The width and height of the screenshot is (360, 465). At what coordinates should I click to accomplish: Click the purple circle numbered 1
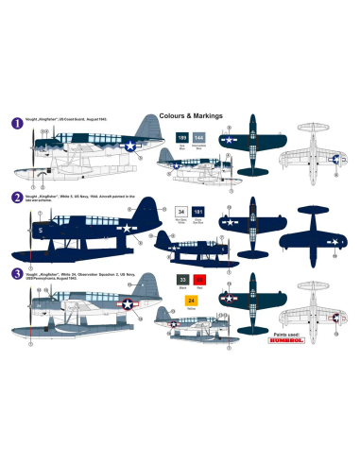[x=17, y=122]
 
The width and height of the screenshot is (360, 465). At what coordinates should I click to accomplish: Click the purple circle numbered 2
[x=17, y=198]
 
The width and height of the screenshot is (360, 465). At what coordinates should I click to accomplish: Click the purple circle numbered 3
[x=17, y=274]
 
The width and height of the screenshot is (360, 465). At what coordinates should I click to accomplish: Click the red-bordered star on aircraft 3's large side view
[x=128, y=303]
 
